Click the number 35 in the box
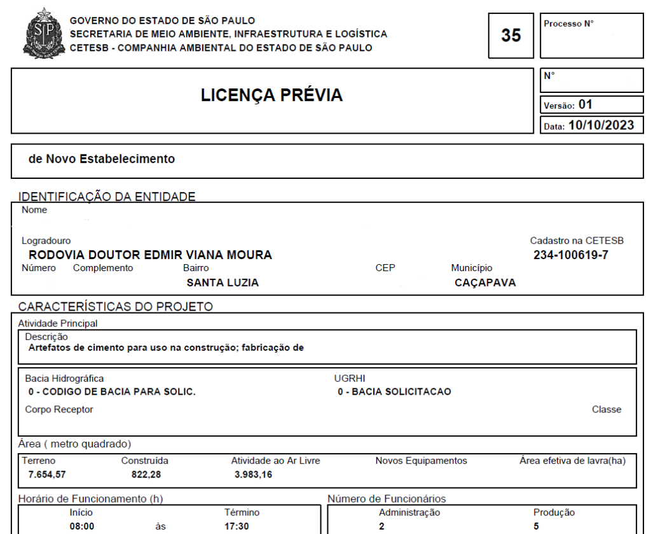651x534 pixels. (511, 36)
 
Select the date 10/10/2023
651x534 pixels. (601, 125)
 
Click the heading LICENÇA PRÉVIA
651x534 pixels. (271, 96)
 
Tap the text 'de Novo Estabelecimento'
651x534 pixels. (102, 159)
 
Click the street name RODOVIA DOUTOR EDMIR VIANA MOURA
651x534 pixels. (151, 255)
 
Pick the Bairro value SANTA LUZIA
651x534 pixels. (222, 283)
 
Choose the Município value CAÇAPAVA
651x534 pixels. (485, 283)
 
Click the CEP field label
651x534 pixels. (385, 269)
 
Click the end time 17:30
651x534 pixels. (237, 527)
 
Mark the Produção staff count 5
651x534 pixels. (536, 527)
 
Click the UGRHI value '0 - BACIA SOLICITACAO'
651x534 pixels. (394, 391)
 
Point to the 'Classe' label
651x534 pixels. (606, 409)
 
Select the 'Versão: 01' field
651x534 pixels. (568, 105)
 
